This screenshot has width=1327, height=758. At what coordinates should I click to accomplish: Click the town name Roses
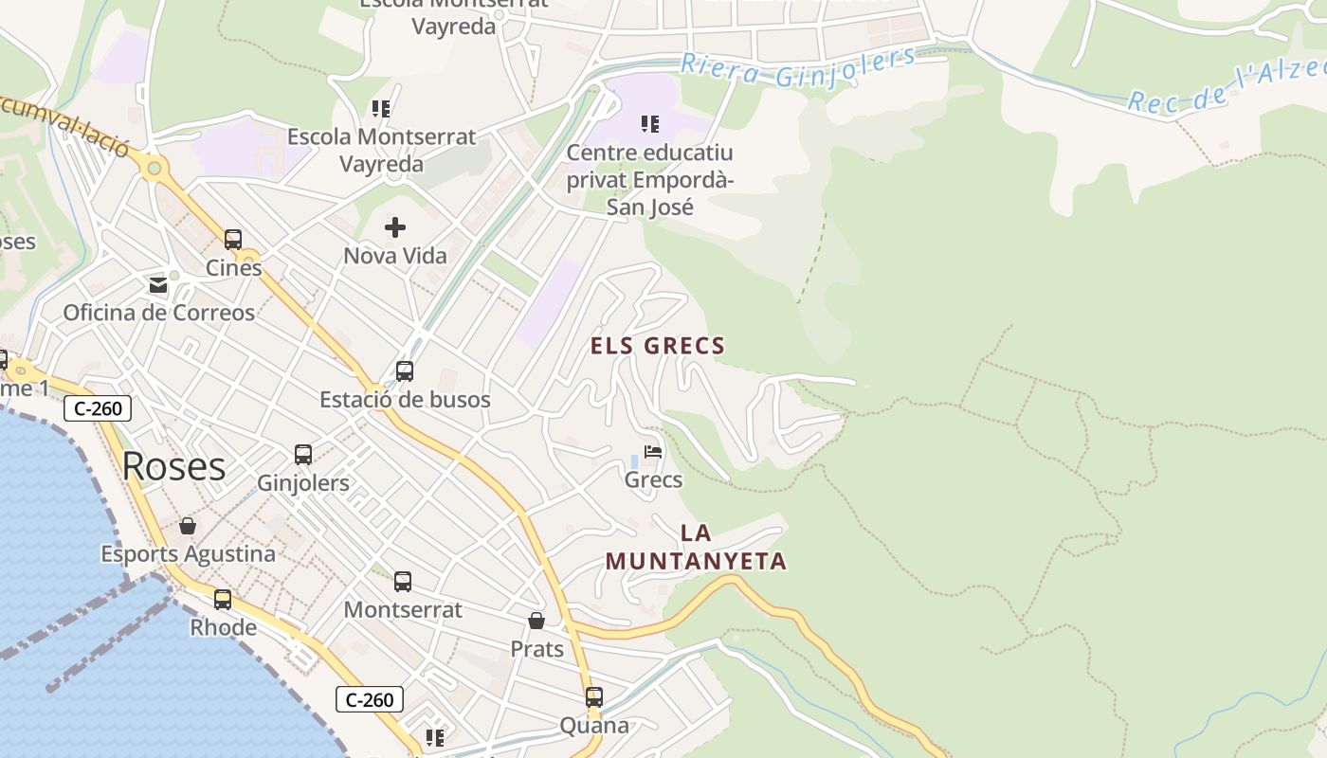(x=174, y=466)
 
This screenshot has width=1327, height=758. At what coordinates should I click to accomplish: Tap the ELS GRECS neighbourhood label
(x=658, y=346)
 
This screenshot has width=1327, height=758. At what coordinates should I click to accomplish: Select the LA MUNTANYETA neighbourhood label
(x=697, y=548)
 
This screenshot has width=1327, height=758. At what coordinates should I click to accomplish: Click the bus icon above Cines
(x=233, y=240)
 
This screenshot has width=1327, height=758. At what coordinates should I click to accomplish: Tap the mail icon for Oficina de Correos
(x=158, y=284)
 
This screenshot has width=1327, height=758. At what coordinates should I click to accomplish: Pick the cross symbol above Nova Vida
(x=395, y=227)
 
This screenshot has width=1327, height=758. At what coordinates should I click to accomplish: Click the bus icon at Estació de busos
(x=405, y=370)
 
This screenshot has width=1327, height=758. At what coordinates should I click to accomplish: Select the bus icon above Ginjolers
(x=303, y=455)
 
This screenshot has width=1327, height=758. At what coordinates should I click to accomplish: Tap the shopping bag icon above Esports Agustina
(x=188, y=526)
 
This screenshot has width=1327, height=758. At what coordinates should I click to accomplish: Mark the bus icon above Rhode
(x=223, y=599)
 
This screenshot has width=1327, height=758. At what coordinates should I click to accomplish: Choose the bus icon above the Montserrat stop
(x=403, y=582)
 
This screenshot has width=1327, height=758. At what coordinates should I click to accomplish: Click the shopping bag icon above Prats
(x=536, y=621)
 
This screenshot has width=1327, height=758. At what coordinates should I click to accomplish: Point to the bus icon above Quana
(x=594, y=697)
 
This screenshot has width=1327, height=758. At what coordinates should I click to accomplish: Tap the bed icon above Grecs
(x=653, y=451)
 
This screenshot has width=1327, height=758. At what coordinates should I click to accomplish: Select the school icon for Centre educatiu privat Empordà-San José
(x=650, y=123)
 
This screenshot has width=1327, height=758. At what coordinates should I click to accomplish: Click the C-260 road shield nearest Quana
(x=370, y=700)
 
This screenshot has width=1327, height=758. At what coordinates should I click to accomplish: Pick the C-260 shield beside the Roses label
(x=97, y=408)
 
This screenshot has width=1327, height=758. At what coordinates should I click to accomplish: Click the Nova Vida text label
(x=395, y=256)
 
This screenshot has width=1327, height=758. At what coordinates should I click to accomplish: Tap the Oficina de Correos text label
(x=159, y=313)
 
